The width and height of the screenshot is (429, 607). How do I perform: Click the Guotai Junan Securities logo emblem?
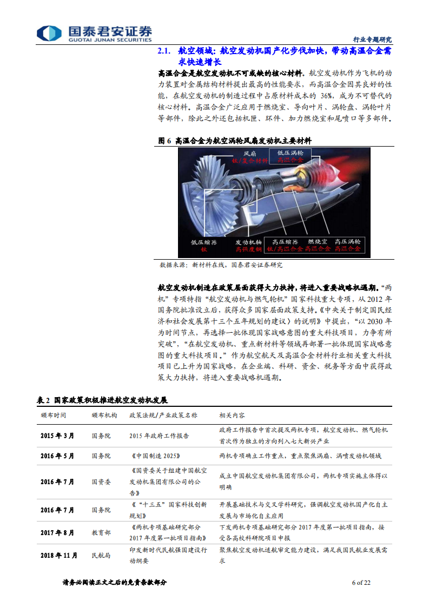pyautogui.click(x=50, y=33)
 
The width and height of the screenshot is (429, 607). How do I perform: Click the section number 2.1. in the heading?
pyautogui.click(x=163, y=51)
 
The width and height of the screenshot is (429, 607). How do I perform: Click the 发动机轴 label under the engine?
pyautogui.click(x=248, y=242)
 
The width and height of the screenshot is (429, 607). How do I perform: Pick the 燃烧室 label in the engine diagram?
pyautogui.click(x=317, y=242)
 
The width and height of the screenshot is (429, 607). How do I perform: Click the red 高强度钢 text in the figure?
pyautogui.click(x=248, y=249)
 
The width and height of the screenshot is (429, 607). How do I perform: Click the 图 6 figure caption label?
pyautogui.click(x=164, y=141)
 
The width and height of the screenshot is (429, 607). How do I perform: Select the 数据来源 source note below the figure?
pyautogui.click(x=173, y=265)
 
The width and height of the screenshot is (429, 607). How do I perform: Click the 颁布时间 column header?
pyautogui.click(x=54, y=415)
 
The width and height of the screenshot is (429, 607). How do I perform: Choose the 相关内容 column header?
pyautogui.click(x=232, y=415)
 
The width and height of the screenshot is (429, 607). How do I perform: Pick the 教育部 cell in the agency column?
pyautogui.click(x=101, y=532)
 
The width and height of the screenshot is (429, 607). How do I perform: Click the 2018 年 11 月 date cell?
pyautogui.click(x=59, y=556)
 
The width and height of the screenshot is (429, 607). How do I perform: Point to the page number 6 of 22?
pyautogui.click(x=361, y=583)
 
